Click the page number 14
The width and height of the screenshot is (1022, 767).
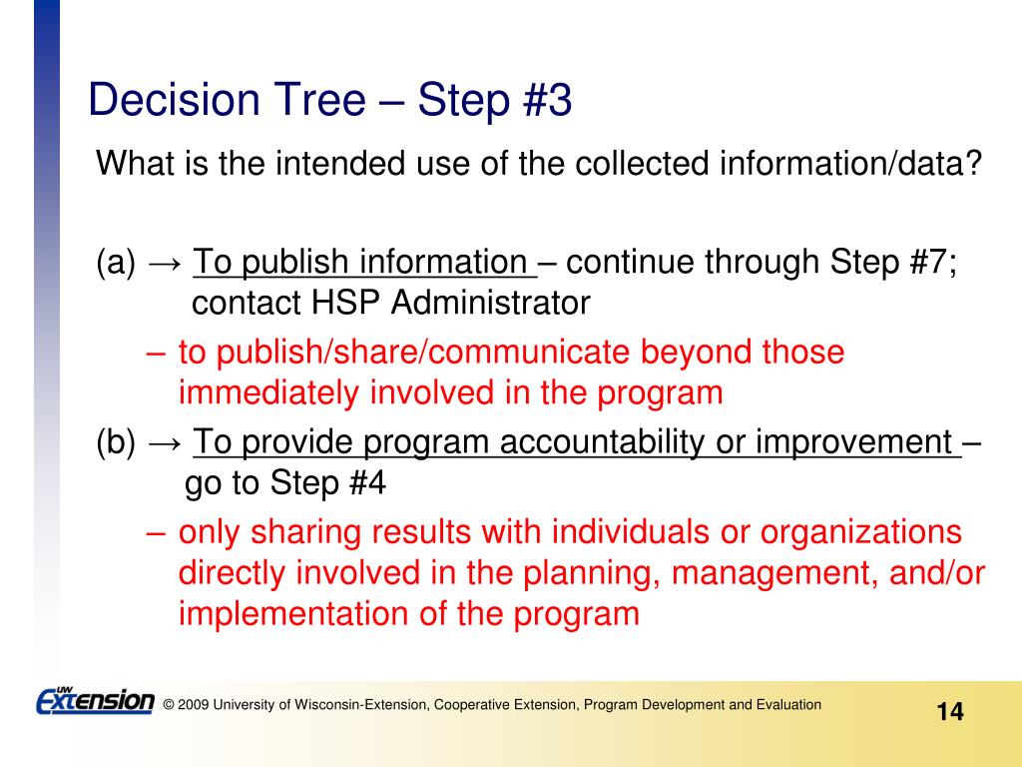pyautogui.click(x=950, y=711)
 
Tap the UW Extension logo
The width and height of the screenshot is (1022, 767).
pyautogui.click(x=95, y=700)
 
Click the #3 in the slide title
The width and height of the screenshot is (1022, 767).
pyautogui.click(x=547, y=100)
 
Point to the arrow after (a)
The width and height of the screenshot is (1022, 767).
pyautogui.click(x=166, y=263)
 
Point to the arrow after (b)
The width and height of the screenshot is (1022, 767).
pyautogui.click(x=166, y=442)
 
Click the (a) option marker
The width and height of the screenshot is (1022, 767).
pyautogui.click(x=116, y=263)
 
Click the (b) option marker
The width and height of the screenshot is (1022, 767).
pyautogui.click(x=116, y=442)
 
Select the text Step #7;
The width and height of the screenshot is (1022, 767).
pyautogui.click(x=893, y=262)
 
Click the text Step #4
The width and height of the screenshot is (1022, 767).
pyautogui.click(x=327, y=482)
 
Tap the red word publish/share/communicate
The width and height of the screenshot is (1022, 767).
pyautogui.click(x=422, y=353)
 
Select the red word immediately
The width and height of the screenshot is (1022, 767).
pyautogui.click(x=268, y=393)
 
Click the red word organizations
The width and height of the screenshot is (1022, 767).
pyautogui.click(x=860, y=532)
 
